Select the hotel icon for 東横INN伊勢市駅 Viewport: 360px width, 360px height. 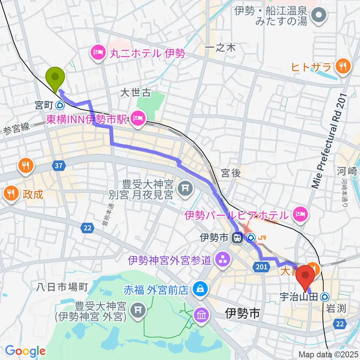click(x=137, y=119)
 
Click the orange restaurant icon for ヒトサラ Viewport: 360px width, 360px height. click(x=343, y=67)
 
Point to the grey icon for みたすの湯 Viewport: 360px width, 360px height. click(x=319, y=16)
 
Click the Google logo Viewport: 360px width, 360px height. click(x=25, y=351)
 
